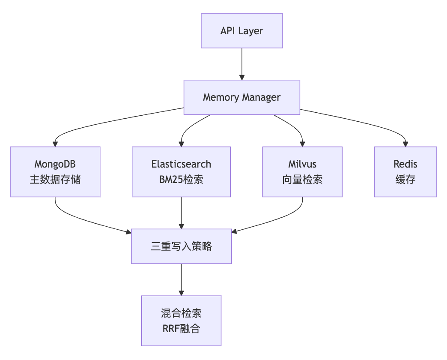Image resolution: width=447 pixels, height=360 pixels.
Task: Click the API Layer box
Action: point(241,30)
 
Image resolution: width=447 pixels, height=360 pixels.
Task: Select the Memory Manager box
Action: point(241,97)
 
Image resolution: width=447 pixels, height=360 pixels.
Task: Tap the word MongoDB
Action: point(55,164)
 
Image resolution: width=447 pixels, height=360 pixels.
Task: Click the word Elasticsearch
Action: point(181,164)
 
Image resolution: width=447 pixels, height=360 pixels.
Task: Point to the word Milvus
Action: point(302,164)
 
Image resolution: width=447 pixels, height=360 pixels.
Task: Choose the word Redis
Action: point(405,164)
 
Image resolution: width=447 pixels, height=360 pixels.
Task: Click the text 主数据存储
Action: point(55,180)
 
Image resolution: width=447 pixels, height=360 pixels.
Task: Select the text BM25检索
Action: point(181,180)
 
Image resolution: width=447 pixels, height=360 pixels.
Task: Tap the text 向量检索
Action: point(302,180)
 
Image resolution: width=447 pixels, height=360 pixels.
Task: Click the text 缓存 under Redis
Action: point(405,180)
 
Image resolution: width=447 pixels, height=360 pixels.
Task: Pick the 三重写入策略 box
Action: point(181,246)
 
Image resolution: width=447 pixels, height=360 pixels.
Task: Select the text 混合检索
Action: point(181,313)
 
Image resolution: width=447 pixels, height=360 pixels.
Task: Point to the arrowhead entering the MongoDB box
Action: point(55,144)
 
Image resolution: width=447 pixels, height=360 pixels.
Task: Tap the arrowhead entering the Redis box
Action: point(405,144)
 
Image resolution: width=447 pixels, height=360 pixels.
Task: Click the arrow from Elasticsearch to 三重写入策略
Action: point(181,212)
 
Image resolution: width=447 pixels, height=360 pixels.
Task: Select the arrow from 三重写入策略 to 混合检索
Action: point(181,279)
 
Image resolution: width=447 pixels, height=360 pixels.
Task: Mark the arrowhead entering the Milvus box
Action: point(302,144)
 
